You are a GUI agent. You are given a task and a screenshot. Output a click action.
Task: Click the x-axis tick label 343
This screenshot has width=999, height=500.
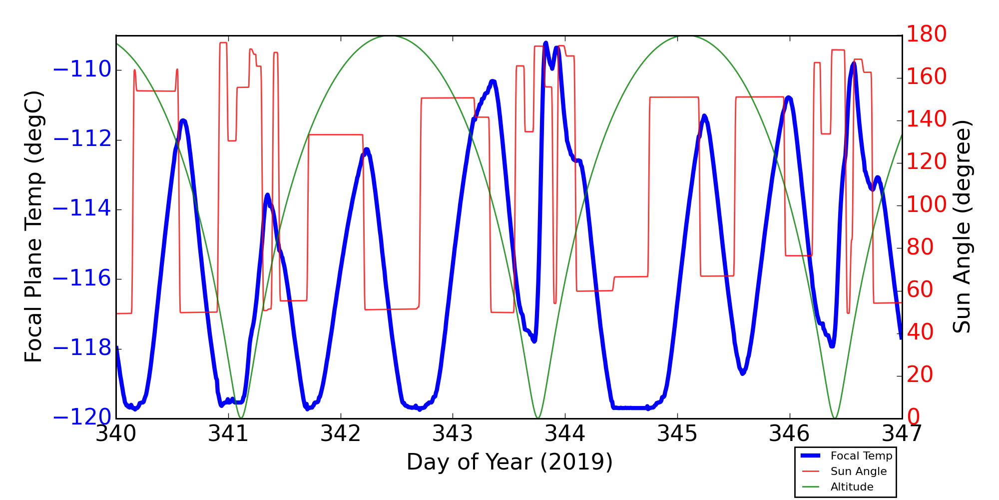[x=453, y=434]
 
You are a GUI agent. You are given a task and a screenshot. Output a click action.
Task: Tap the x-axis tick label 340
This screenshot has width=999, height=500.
[x=116, y=434]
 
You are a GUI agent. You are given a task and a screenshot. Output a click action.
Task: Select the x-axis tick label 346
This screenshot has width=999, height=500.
[x=789, y=434]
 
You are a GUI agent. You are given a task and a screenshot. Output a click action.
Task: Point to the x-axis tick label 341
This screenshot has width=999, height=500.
[x=228, y=434]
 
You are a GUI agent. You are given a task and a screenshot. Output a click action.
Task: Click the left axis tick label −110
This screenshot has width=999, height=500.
[x=81, y=70]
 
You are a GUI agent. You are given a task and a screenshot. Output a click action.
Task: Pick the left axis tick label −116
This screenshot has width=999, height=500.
[x=81, y=279]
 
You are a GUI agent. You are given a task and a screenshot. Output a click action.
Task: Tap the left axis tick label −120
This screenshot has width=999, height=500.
[x=81, y=418]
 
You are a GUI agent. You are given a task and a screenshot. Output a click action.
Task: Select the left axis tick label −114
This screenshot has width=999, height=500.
[x=81, y=209]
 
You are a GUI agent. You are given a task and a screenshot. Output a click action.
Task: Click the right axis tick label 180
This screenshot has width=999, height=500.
[x=927, y=34]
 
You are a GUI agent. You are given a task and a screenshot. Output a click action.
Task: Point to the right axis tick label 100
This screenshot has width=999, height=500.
[x=927, y=205]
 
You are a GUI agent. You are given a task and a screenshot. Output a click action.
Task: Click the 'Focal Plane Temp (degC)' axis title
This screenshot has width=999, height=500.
[x=33, y=226]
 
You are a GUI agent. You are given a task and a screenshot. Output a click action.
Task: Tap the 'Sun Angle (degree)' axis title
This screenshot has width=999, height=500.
[x=962, y=226]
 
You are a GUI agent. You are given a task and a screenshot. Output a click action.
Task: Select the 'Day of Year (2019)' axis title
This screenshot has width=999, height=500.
[x=509, y=462]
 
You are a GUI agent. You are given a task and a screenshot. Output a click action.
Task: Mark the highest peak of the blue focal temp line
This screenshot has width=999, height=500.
[x=545, y=43]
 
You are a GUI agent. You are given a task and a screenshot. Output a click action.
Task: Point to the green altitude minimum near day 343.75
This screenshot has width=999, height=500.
[x=538, y=417]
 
